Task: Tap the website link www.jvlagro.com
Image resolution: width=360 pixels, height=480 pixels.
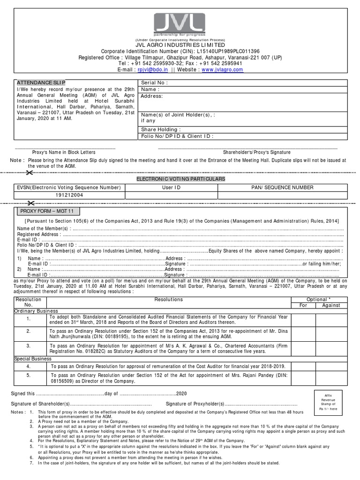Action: pyautogui.click(x=222, y=69)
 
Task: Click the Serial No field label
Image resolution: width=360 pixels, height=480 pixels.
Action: pyautogui.click(x=154, y=82)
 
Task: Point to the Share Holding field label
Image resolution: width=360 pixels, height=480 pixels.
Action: pyautogui.click(x=161, y=129)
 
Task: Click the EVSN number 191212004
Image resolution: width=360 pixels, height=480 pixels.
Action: pyautogui.click(x=69, y=195)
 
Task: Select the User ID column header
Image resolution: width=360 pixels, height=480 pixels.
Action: pyautogui.click(x=171, y=187)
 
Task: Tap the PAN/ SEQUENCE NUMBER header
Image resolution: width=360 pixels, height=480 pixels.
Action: pyautogui.click(x=282, y=187)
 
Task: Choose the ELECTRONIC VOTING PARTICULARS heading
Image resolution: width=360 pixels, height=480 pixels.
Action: pyautogui.click(x=180, y=179)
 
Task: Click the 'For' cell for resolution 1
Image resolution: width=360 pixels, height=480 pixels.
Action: pyautogui.click(x=302, y=320)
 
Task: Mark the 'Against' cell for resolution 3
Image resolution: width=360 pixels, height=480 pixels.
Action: pyautogui.click(x=331, y=348)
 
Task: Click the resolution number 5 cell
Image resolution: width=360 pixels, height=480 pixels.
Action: pyautogui.click(x=29, y=375)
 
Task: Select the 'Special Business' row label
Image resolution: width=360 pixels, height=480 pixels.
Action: pyautogui.click(x=33, y=359)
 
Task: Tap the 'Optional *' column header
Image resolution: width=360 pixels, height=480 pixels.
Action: pyautogui.click(x=317, y=299)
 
